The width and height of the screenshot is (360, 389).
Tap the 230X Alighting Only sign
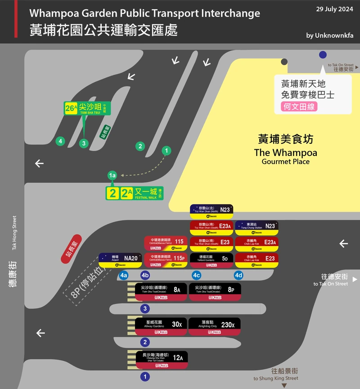[215, 326]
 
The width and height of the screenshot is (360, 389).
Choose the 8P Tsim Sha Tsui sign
[215, 292]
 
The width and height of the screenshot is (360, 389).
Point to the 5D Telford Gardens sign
[211, 260]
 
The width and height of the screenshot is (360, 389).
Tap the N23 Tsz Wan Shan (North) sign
[211, 211]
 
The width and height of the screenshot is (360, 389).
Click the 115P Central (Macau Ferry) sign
[165, 260]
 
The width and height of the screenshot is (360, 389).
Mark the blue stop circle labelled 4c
[196, 275]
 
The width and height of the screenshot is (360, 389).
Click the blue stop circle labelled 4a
[123, 275]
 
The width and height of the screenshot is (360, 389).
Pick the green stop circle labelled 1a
[112, 175]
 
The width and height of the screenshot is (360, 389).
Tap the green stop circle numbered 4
[60, 141]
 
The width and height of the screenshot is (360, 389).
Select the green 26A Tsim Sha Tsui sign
[87, 108]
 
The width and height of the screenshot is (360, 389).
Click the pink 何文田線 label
[299, 107]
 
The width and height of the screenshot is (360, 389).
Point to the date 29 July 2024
[334, 9]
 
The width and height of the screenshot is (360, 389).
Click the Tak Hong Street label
[14, 233]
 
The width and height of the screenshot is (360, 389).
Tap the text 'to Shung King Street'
[275, 379]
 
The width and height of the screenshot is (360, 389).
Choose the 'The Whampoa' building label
[285, 152]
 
